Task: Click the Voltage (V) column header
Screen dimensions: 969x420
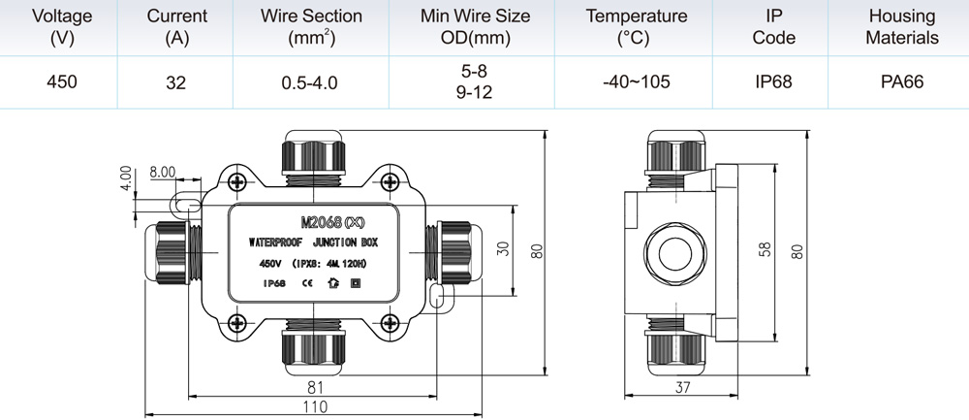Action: click(61, 27)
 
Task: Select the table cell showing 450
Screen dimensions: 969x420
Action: click(62, 81)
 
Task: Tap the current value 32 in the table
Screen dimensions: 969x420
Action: click(175, 82)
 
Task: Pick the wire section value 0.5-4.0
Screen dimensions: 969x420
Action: click(310, 82)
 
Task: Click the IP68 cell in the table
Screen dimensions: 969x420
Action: click(773, 81)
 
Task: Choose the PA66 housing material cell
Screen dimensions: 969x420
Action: click(901, 81)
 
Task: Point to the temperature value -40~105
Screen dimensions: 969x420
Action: click(636, 81)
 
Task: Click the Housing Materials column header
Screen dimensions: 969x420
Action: click(901, 27)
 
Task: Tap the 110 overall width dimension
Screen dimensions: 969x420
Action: click(315, 406)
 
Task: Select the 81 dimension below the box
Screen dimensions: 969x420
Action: click(315, 387)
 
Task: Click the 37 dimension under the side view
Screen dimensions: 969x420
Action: click(681, 387)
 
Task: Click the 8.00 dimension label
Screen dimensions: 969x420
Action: click(163, 172)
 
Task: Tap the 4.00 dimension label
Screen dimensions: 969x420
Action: click(125, 178)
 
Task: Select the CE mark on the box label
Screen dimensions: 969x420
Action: click(306, 283)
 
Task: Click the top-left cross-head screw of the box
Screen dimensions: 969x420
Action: click(237, 181)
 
